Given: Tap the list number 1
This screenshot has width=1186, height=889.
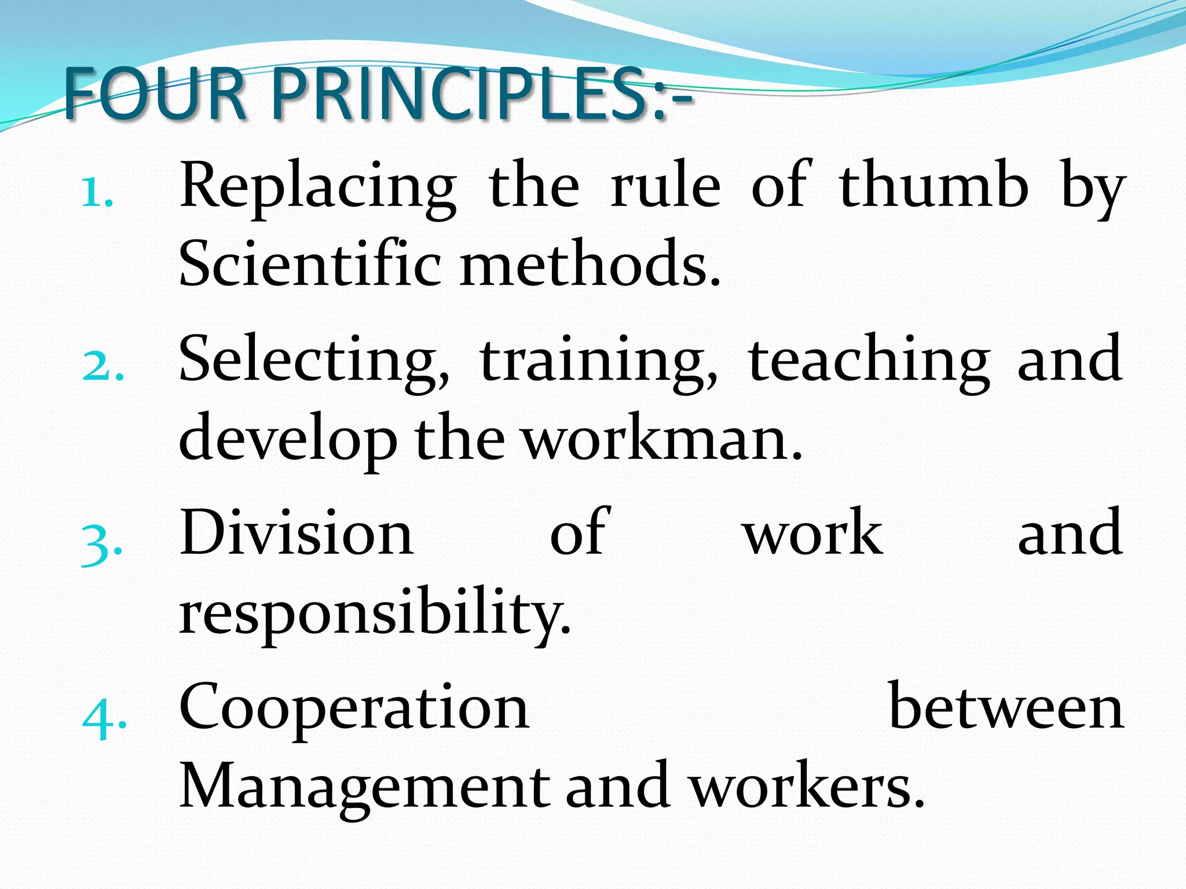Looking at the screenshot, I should tap(96, 193).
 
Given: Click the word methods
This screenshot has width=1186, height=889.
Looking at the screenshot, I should tap(590, 263).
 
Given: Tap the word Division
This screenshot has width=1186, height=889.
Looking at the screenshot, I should tap(296, 532).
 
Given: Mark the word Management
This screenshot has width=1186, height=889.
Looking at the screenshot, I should tap(365, 787).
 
